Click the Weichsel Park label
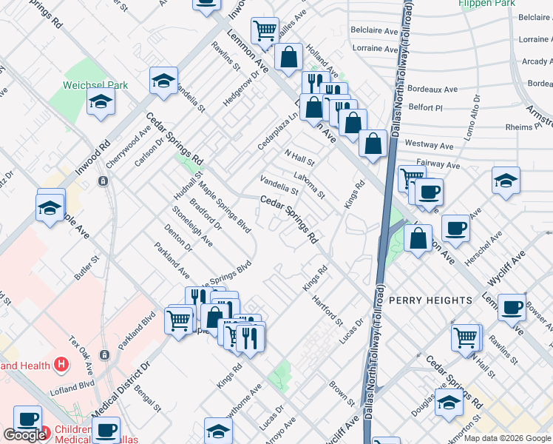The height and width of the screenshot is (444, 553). tap(95, 85)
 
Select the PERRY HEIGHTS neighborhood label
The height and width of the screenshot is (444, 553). tap(430, 300)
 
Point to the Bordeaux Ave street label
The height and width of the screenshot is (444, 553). tap(432, 89)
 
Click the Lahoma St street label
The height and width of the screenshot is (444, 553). tap(309, 184)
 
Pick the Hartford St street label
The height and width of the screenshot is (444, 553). tap(328, 309)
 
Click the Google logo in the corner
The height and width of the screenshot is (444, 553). tap(24, 435)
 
